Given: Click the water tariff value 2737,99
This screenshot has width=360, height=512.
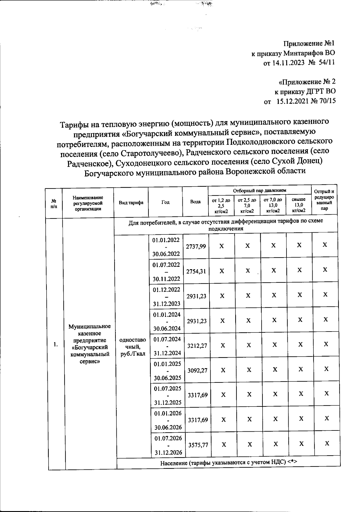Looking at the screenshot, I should coord(196,246).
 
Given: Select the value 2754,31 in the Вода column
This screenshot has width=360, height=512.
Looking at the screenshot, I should coord(196,271).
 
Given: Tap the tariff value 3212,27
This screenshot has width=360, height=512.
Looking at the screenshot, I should coord(197,346).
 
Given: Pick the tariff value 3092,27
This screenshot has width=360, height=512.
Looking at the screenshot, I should coord(197,370).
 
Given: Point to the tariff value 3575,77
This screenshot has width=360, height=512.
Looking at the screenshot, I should coord(198,445).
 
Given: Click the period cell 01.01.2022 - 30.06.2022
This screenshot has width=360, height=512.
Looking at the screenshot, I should coord(166,247).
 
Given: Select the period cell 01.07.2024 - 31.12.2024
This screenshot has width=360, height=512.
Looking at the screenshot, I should coord(167,346).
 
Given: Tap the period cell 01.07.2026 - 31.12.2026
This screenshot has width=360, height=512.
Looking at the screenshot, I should coord(168,445).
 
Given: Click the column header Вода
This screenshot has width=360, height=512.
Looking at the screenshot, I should coord(195,202).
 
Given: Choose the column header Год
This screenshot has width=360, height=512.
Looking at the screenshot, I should coord(165,202).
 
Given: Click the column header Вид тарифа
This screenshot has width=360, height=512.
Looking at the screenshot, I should coord(131,202).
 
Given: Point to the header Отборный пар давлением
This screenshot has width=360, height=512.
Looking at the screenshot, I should coord(259,190).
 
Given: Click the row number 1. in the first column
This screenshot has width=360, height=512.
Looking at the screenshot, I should coord(55,344).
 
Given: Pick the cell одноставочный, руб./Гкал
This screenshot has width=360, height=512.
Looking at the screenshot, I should coord(133,347).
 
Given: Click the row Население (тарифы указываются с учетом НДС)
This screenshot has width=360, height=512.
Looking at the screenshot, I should coord(228,463).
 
